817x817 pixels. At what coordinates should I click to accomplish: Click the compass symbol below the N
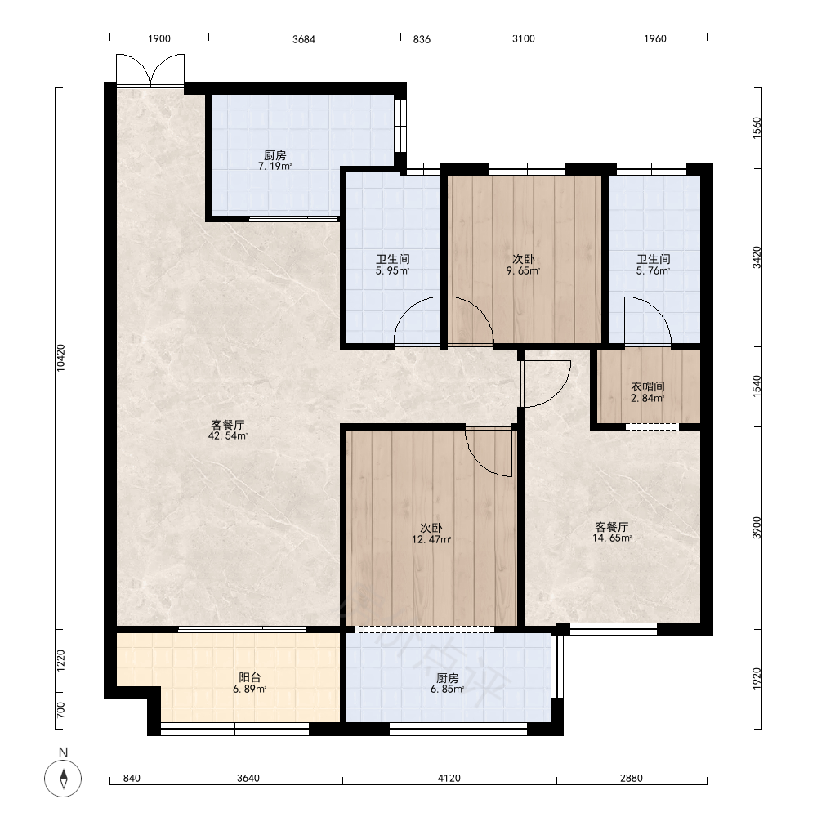(63, 779)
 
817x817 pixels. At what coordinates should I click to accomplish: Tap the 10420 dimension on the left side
(61, 358)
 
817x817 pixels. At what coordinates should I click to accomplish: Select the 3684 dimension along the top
(304, 39)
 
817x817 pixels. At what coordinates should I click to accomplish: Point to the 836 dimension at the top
(422, 39)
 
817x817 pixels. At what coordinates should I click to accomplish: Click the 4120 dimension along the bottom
(449, 778)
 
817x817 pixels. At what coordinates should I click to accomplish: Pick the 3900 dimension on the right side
(757, 528)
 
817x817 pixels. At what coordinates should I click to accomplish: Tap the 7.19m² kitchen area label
(275, 167)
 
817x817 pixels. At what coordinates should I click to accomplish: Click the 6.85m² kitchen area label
(447, 690)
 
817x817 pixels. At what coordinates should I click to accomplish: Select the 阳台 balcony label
(249, 677)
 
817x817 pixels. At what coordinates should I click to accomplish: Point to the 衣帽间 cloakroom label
(648, 386)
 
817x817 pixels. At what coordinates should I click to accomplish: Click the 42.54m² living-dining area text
(228, 436)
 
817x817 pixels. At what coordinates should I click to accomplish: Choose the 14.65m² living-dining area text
(612, 538)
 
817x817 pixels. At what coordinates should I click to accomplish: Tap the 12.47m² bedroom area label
(431, 540)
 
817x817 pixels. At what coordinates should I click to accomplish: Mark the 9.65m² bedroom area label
(523, 271)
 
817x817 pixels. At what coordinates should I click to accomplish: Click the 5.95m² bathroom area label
(392, 271)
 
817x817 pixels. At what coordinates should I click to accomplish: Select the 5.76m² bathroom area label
(653, 271)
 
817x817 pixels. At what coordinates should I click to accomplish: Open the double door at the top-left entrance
(150, 70)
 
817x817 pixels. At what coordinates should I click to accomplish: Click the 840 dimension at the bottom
(132, 778)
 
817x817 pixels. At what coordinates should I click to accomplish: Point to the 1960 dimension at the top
(655, 39)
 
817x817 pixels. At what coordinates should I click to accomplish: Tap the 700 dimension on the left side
(61, 710)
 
